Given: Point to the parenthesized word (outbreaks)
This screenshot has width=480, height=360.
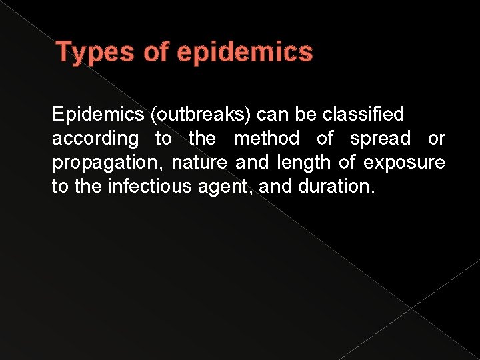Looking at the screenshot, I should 200,115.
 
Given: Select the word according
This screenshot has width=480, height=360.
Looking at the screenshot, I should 95,139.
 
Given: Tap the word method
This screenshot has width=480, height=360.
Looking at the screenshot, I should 266,139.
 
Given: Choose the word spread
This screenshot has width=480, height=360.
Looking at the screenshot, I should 380,139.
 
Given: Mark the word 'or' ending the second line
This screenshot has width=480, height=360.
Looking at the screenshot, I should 436,139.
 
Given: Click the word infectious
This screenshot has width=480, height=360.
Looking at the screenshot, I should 151,187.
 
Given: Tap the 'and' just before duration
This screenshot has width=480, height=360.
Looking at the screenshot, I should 275,187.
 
